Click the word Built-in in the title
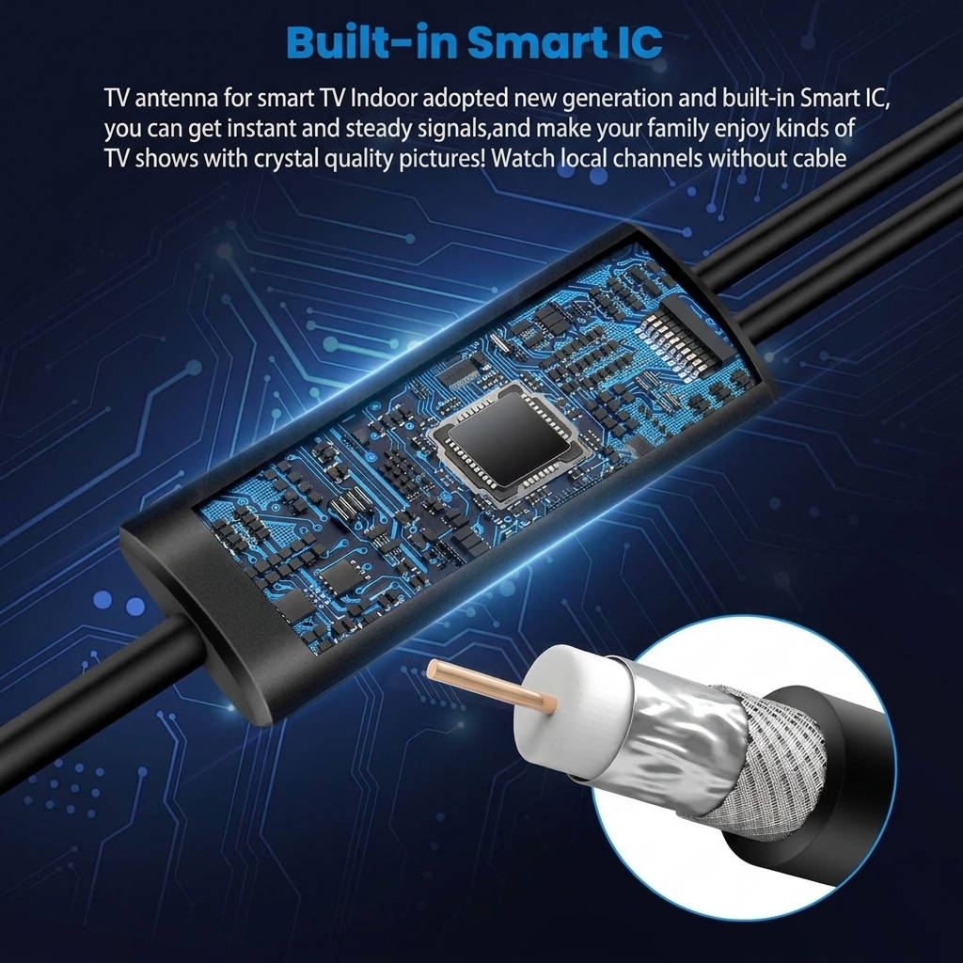[x=371, y=42]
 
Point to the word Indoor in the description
[x=385, y=97]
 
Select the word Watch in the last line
[x=523, y=158]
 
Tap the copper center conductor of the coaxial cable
[x=492, y=686]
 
